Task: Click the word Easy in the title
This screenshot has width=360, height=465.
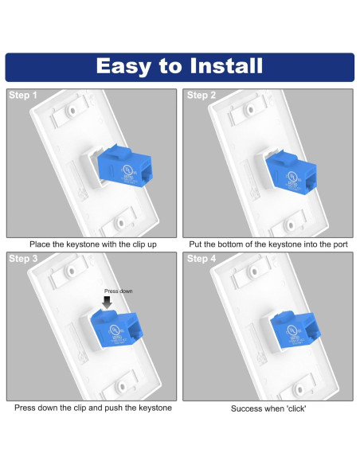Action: (127, 65)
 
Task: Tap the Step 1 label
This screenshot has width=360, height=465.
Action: (23, 96)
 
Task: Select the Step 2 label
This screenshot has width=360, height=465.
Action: (202, 96)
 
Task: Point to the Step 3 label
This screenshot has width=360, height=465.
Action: (23, 259)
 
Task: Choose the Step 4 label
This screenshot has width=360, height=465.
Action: (202, 259)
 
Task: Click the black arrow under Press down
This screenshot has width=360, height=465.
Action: (108, 302)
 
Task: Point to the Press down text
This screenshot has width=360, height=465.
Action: (119, 291)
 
